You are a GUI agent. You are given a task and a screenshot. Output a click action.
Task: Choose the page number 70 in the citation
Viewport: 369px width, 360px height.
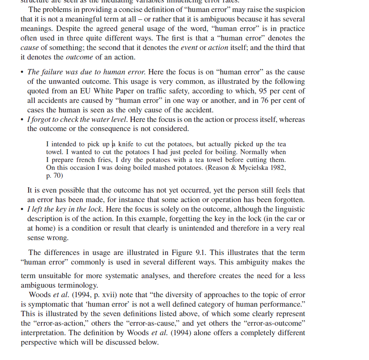pyautogui.click(x=58, y=175)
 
